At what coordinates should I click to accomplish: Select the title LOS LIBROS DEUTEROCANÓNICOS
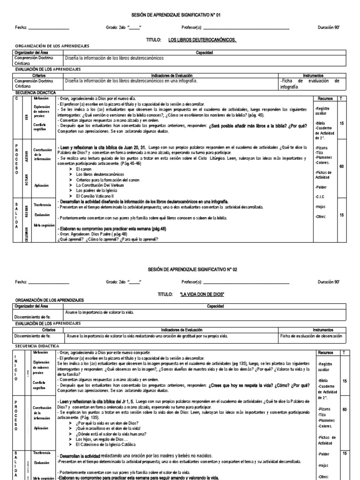202,40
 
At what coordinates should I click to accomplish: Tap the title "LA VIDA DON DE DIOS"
202,294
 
